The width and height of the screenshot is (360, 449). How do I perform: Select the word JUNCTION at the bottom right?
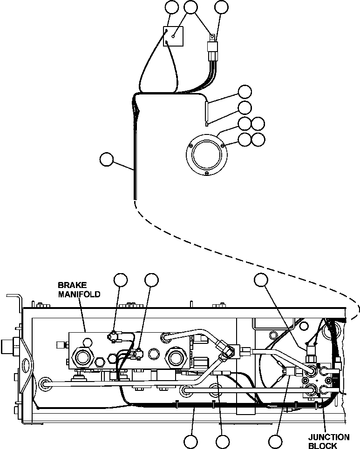tap(329, 437)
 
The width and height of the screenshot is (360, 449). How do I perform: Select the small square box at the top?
tap(173, 37)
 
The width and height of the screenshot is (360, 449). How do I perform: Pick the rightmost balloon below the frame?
tap(276, 441)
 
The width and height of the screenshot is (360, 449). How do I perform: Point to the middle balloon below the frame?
tap(223, 441)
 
